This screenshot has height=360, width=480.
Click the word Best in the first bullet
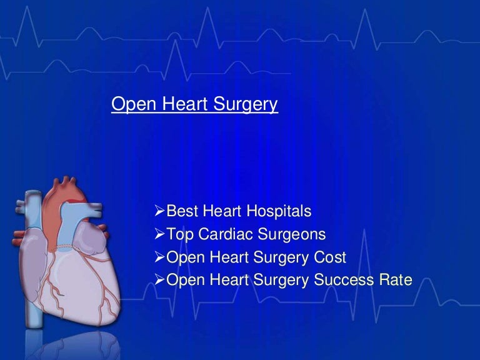181,212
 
